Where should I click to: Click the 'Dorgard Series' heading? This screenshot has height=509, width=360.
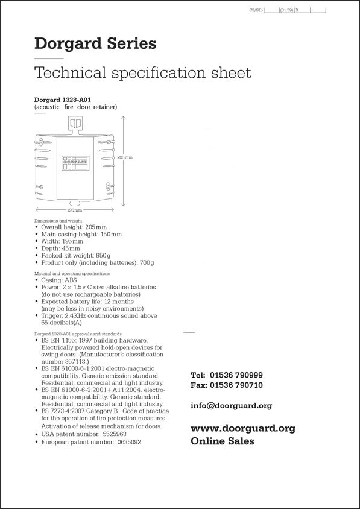point(95,43)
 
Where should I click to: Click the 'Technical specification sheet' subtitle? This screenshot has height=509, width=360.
point(142,73)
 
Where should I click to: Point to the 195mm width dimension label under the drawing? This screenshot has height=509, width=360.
point(75,210)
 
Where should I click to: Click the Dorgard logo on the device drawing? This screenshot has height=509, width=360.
point(75,162)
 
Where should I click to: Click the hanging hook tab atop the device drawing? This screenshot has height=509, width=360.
point(75,124)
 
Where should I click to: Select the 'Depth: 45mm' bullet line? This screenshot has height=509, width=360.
point(60,248)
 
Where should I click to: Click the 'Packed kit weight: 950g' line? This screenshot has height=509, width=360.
point(75,255)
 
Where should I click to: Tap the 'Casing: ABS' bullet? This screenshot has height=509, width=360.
point(58,280)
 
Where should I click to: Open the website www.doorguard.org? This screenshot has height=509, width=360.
point(242,428)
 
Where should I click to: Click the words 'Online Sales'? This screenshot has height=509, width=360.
point(222,441)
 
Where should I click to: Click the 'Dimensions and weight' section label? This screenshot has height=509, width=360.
point(58,221)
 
